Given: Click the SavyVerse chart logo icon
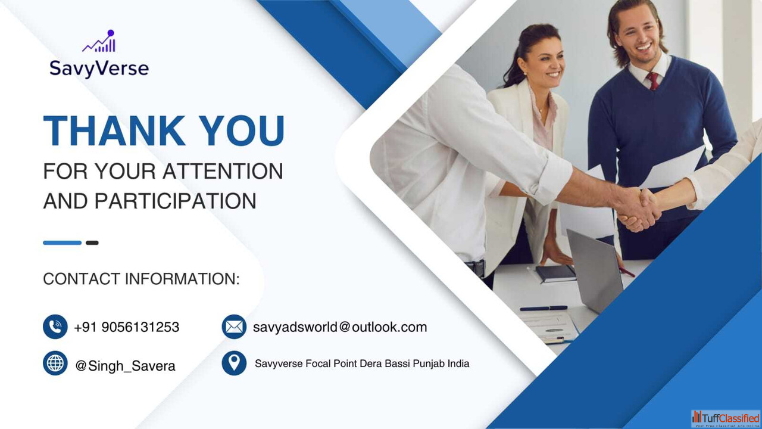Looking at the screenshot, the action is [x=99, y=41].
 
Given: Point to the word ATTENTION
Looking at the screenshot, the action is [x=223, y=171].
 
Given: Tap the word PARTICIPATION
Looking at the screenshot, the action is [x=175, y=201].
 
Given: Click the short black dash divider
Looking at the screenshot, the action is [x=92, y=243].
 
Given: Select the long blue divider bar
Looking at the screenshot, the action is [x=63, y=243].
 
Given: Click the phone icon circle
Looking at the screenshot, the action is [x=55, y=327].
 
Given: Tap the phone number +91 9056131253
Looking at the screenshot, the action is [x=127, y=327].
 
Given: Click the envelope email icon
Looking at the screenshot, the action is [x=234, y=327].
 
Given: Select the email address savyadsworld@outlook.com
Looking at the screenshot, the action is [x=340, y=327].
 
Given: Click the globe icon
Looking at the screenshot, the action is [x=55, y=363].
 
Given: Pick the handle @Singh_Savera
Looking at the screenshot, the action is [x=125, y=366].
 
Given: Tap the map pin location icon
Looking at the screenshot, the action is [x=234, y=363].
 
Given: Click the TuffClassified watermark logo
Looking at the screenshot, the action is [x=726, y=418].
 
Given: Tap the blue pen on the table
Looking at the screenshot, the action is [x=544, y=308].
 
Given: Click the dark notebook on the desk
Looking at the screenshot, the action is [x=556, y=273].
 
